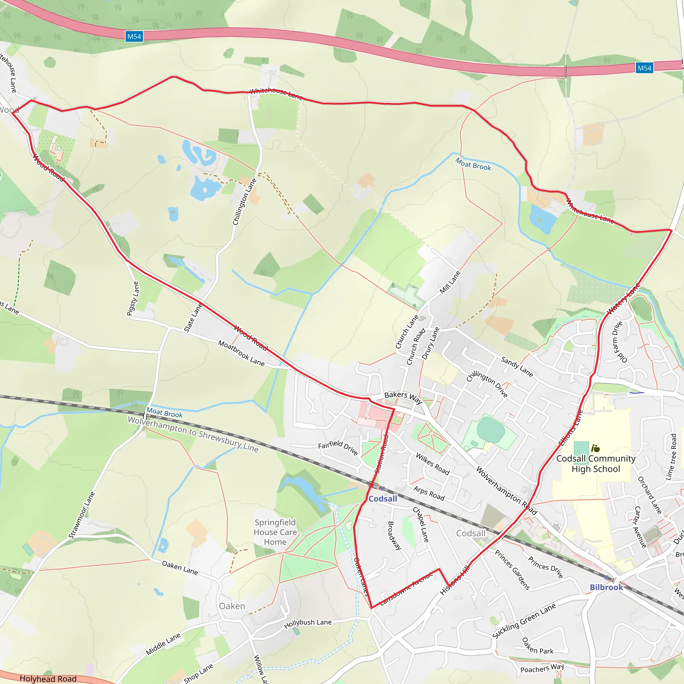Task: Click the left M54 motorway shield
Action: pyautogui.click(x=134, y=36)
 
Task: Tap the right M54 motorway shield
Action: pyautogui.click(x=644, y=68)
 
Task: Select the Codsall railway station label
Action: pyautogui.click(x=383, y=499)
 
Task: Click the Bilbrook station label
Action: pyautogui.click(x=606, y=587)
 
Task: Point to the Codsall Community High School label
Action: pyautogui.click(x=596, y=464)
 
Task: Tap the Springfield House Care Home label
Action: pyautogui.click(x=275, y=532)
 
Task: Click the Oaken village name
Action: pyautogui.click(x=232, y=606)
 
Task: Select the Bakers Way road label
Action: pyautogui.click(x=403, y=397)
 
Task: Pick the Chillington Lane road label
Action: pyautogui.click(x=244, y=202)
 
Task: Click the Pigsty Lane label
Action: pyautogui.click(x=133, y=298)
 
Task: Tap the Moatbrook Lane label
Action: pyautogui.click(x=241, y=353)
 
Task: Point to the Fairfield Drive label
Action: pyautogui.click(x=338, y=447)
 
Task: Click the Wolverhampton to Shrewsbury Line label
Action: pyautogui.click(x=193, y=434)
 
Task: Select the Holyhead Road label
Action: pyautogui.click(x=48, y=678)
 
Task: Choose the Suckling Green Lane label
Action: pyautogui.click(x=524, y=621)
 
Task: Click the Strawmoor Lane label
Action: pyautogui.click(x=82, y=515)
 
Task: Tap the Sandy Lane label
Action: pyautogui.click(x=517, y=367)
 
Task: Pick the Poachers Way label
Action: pyautogui.click(x=542, y=668)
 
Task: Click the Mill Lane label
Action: pyautogui.click(x=450, y=282)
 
